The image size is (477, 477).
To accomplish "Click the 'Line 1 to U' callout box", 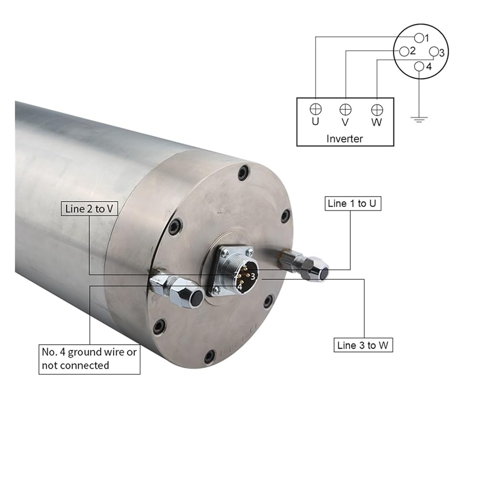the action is (353, 204).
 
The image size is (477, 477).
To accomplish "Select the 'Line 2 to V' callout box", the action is (89, 209).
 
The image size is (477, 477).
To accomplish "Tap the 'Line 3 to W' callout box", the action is (363, 345).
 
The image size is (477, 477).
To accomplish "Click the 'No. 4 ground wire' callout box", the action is (90, 359).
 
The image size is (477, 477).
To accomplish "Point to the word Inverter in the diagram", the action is (344, 139).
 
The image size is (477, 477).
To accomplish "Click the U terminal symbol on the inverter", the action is (315, 109).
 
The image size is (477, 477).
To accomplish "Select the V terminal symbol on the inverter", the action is (345, 109).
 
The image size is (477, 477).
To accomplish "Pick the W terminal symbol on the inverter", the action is (377, 110).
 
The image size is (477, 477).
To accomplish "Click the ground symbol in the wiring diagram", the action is (419, 119).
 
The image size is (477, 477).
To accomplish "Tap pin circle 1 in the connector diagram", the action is (419, 38).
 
